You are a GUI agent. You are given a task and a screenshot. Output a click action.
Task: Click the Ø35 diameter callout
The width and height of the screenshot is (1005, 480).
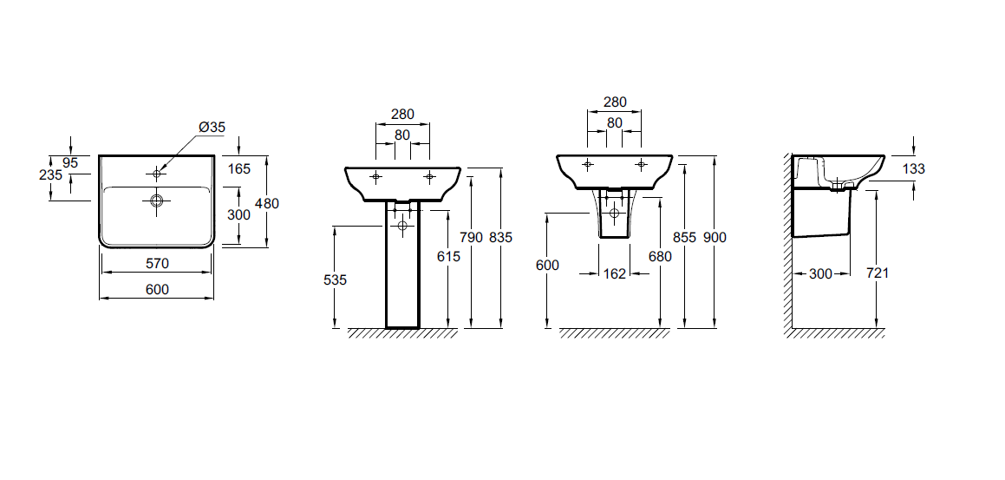(x=212, y=127)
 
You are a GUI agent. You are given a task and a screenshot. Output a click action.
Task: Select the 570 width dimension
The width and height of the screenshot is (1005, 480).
(x=157, y=263)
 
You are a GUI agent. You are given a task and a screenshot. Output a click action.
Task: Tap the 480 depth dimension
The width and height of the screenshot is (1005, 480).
(x=266, y=203)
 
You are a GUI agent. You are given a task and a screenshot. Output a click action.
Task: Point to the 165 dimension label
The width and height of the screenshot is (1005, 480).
(x=238, y=169)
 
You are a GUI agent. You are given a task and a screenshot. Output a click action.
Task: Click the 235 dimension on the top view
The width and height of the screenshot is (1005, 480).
(x=50, y=174)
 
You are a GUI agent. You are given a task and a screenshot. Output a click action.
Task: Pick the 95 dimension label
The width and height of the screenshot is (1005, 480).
(x=70, y=163)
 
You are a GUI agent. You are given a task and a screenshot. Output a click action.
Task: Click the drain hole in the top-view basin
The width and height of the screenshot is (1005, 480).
(x=156, y=201)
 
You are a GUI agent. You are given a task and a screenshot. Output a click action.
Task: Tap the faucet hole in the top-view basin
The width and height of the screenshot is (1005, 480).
(x=156, y=173)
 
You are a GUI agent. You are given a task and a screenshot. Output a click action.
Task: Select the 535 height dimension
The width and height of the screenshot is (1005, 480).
(x=335, y=279)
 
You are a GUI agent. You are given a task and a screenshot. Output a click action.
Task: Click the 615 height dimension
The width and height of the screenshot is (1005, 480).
(x=448, y=257)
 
